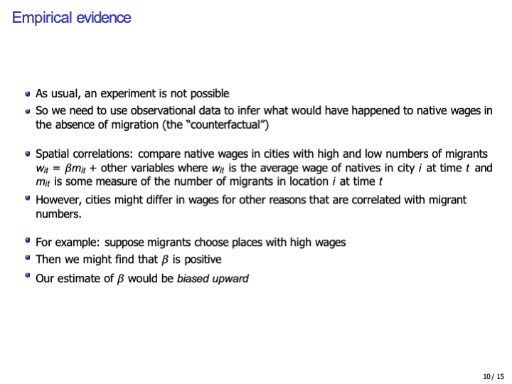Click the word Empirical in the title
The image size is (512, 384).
tap(42, 18)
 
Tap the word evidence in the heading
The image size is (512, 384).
tap(103, 18)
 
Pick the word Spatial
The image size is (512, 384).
tap(53, 154)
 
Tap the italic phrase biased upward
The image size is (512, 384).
tap(213, 278)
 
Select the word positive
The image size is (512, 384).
tap(201, 260)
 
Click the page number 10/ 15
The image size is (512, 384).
tap(492, 376)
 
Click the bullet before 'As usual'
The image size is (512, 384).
tap(27, 94)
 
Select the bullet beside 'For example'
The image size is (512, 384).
tap(27, 242)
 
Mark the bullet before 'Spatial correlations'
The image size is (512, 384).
tap(27, 154)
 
